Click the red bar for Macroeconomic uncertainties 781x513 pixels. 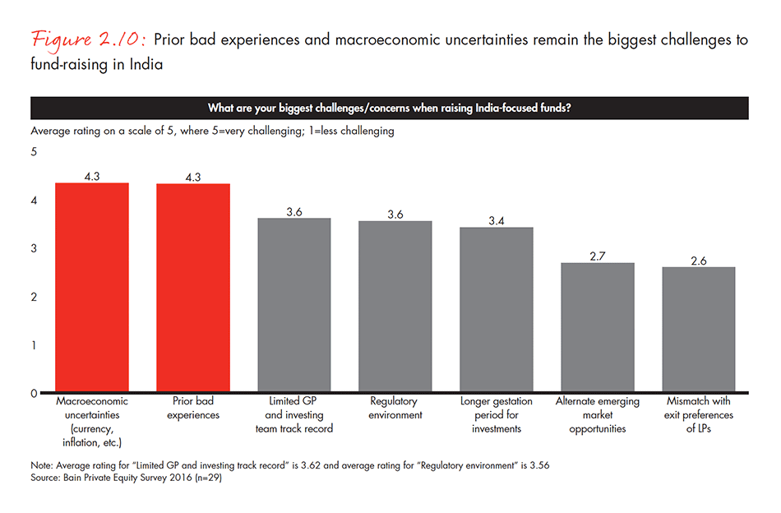pyautogui.click(x=91, y=288)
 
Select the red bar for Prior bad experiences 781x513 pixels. pyautogui.click(x=193, y=288)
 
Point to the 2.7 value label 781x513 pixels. pyautogui.click(x=597, y=256)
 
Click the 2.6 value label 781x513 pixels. pyautogui.click(x=698, y=261)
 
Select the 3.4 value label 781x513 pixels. pyautogui.click(x=496, y=221)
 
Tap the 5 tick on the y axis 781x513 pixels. pyautogui.click(x=35, y=152)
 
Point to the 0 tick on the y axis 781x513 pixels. pyautogui.click(x=35, y=393)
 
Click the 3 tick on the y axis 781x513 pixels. pyautogui.click(x=35, y=248)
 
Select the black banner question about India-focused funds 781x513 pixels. pyautogui.click(x=389, y=108)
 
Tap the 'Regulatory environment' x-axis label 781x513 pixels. pyautogui.click(x=395, y=408)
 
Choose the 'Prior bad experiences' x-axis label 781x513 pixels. pyautogui.click(x=193, y=408)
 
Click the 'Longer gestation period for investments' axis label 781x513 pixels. pyautogui.click(x=496, y=414)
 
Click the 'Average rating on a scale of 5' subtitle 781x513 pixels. pyautogui.click(x=212, y=131)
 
